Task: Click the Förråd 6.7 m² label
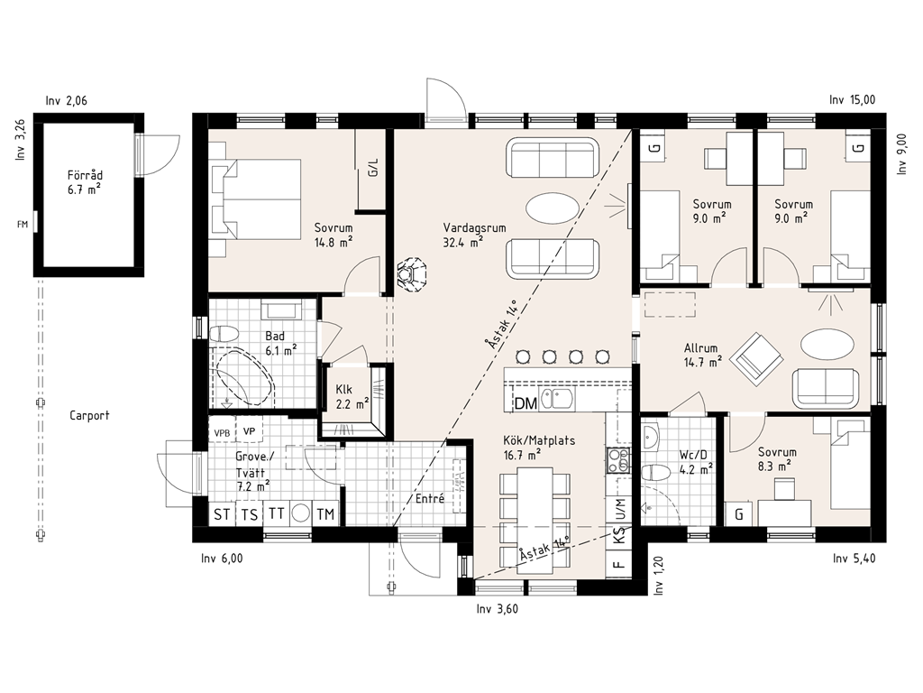click(85, 182)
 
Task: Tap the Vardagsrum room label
click(474, 228)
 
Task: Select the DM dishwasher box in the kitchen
click(525, 403)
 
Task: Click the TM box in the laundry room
click(325, 513)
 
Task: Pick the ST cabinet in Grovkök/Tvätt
click(222, 513)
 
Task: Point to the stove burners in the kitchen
click(618, 460)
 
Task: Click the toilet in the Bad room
click(224, 335)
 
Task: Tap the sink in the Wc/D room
click(651, 437)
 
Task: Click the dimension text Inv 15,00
click(852, 100)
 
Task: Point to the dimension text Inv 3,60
click(498, 609)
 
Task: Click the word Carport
click(89, 415)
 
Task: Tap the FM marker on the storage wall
click(23, 225)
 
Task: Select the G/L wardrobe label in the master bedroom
click(372, 167)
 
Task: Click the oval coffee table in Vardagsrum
click(553, 208)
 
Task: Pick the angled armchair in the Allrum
click(756, 359)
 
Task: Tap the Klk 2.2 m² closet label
click(352, 397)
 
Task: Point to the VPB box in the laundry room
click(222, 433)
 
